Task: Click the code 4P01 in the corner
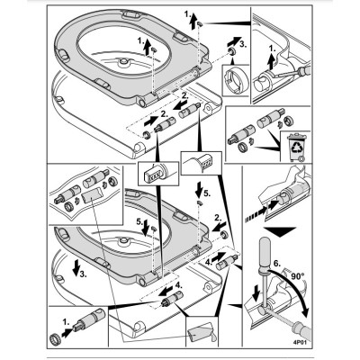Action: click(x=301, y=341)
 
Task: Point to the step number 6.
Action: click(x=277, y=264)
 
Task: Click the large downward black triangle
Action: click(x=279, y=232)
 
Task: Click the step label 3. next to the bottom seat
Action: click(x=83, y=274)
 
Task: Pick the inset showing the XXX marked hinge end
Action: click(x=158, y=174)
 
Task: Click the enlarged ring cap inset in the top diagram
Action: click(x=236, y=80)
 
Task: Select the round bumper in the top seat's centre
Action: click(x=123, y=63)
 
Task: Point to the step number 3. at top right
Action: click(x=243, y=45)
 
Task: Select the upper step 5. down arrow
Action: click(x=199, y=188)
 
